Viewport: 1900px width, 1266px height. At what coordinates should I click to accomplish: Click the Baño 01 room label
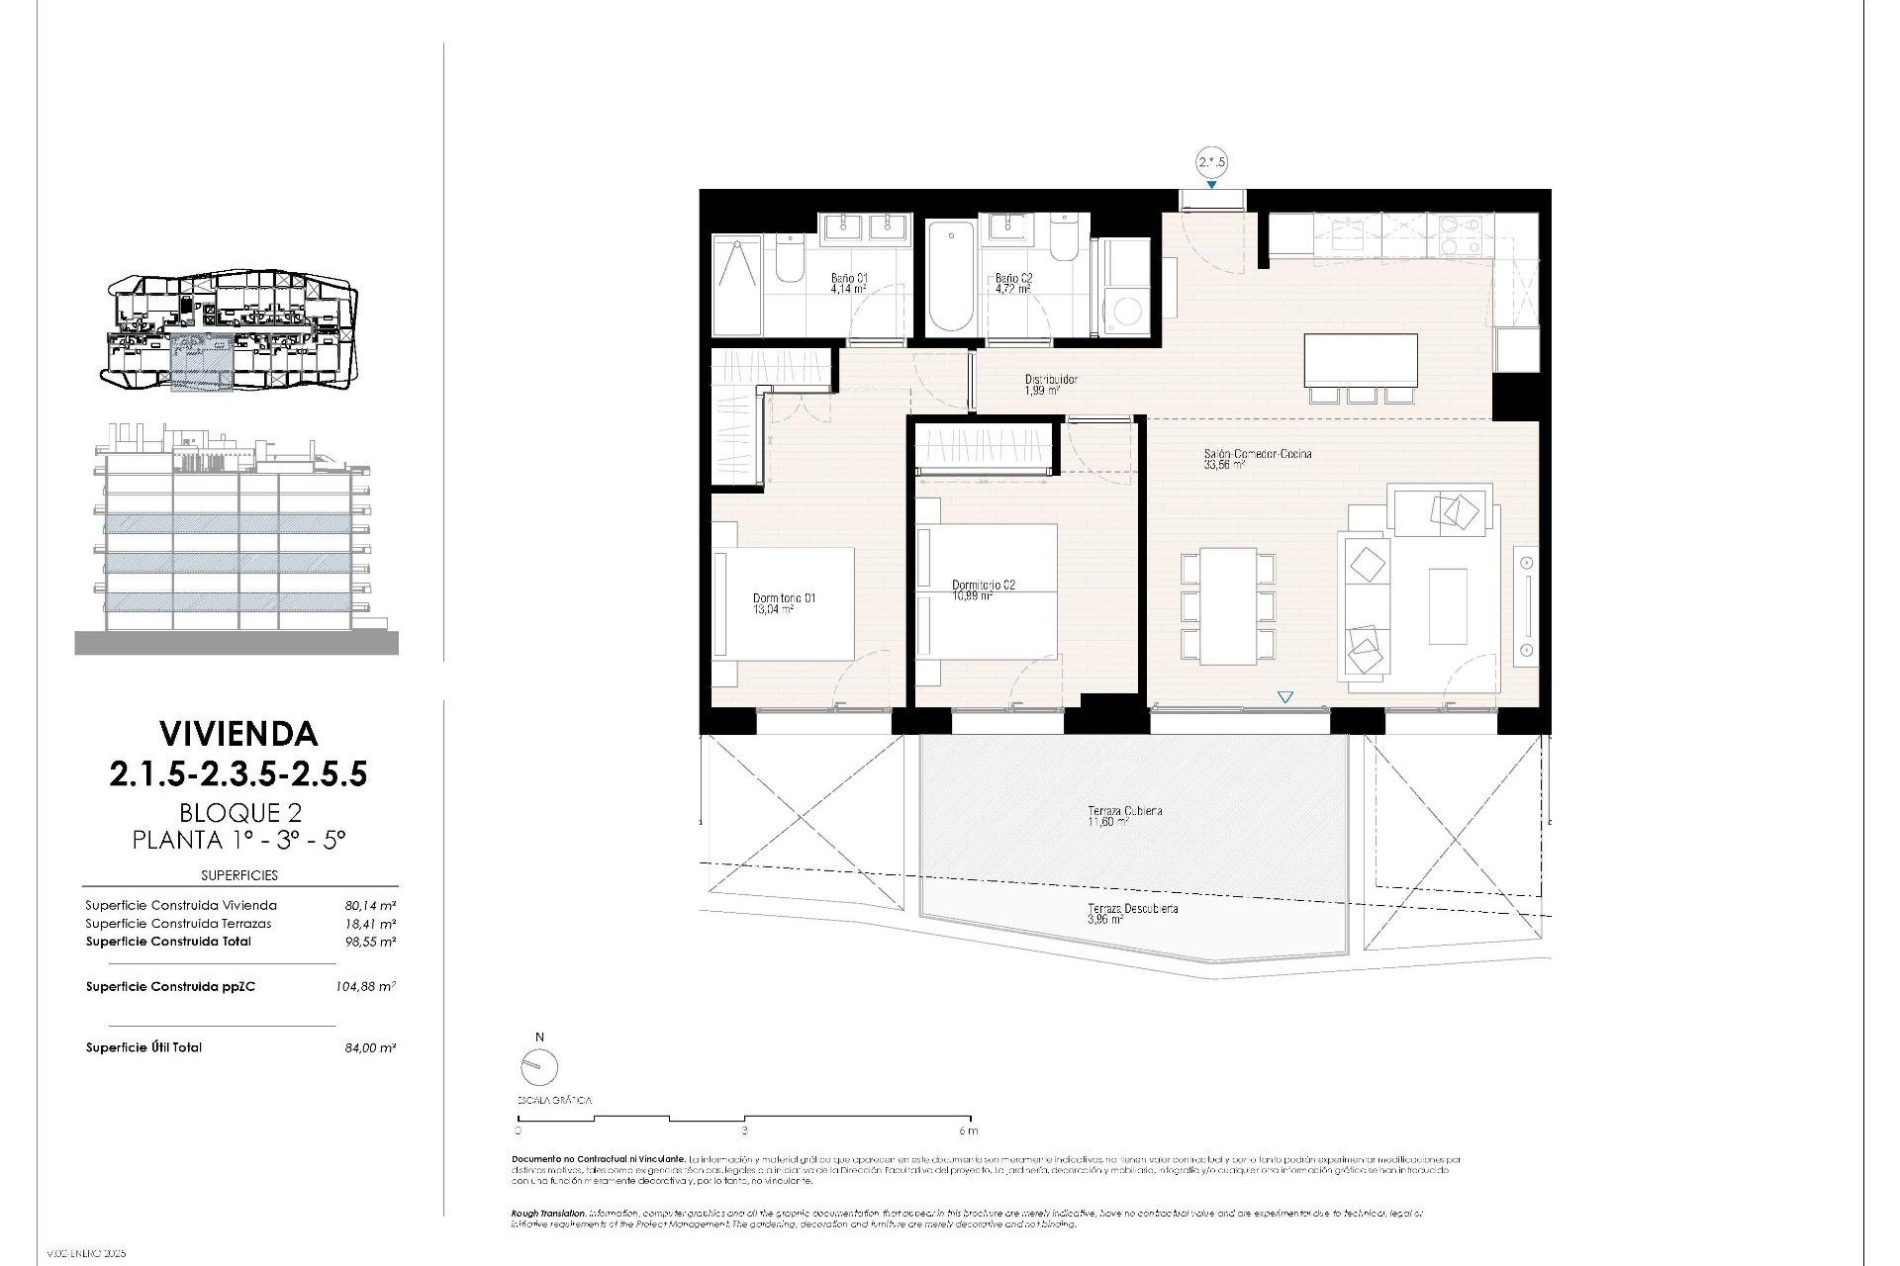849,284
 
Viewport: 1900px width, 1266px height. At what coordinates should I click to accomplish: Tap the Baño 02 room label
1013,284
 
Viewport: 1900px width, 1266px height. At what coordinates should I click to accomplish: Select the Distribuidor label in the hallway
1050,384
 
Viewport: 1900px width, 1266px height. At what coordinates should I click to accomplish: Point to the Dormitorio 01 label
784,603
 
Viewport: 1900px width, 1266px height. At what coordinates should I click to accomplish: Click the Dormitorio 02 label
983,589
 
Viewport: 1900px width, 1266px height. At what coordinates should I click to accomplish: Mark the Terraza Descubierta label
1132,913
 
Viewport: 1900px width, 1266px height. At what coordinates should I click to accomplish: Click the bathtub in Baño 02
950,278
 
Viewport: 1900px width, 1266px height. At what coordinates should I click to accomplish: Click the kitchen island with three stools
1361,361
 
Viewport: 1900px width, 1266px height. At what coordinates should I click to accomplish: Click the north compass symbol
539,1066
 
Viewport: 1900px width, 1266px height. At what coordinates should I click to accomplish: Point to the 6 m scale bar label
968,1130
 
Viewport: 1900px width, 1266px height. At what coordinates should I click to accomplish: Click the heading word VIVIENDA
238,733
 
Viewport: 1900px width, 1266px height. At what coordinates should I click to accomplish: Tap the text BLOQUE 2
239,812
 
